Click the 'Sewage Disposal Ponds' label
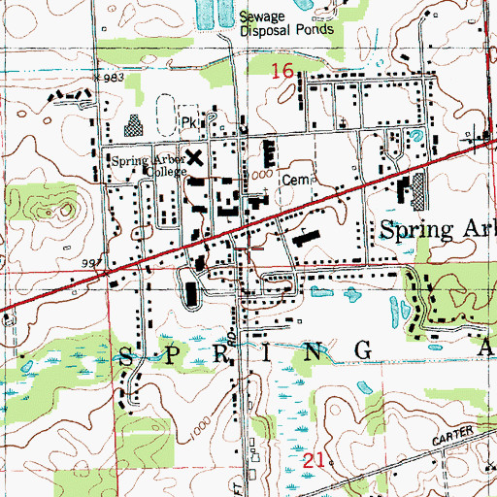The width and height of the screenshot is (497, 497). point(286,22)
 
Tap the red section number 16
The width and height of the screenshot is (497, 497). point(282,70)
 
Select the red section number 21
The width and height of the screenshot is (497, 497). point(310,463)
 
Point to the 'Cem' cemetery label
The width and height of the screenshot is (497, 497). point(293,180)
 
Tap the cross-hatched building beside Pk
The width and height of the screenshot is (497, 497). point(134,125)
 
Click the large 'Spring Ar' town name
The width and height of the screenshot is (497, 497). point(436,230)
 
